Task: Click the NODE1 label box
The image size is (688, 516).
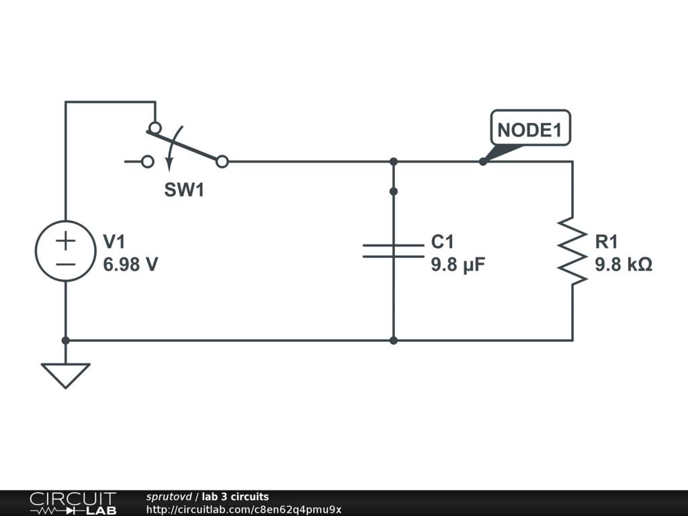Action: [531, 128]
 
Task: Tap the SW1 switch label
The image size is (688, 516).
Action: [184, 190]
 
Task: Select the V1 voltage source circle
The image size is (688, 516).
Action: [66, 251]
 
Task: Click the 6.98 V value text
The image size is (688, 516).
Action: [130, 264]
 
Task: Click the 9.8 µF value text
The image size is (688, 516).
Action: [458, 265]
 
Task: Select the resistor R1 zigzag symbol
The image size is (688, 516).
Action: [572, 251]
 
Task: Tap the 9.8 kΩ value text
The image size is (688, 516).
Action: [623, 265]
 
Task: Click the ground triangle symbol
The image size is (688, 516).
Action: [66, 376]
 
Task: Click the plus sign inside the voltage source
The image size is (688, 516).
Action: [66, 241]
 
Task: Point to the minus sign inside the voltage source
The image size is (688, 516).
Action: [66, 265]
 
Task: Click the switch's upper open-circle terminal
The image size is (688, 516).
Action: [155, 128]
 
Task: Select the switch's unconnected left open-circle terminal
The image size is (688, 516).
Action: [148, 162]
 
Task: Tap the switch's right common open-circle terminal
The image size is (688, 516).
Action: [222, 162]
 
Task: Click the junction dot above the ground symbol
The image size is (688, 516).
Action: [66, 341]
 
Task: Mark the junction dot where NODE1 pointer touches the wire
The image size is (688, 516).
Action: [483, 162]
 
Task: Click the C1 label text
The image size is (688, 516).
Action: [442, 242]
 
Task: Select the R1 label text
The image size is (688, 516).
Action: [607, 242]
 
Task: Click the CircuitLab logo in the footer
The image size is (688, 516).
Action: [73, 503]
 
